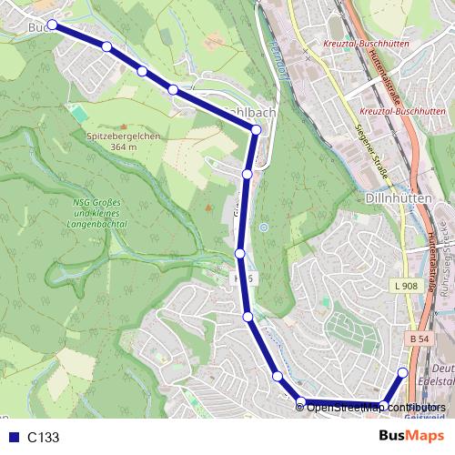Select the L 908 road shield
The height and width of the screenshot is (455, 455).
click(409, 286)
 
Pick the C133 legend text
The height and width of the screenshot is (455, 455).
click(43, 438)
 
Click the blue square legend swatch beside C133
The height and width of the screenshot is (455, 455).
click(14, 438)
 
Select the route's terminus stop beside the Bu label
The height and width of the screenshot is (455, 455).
click(52, 25)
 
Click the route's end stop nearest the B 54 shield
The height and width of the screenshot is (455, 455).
click(403, 372)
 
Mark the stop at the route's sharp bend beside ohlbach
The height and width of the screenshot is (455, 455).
click(256, 130)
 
